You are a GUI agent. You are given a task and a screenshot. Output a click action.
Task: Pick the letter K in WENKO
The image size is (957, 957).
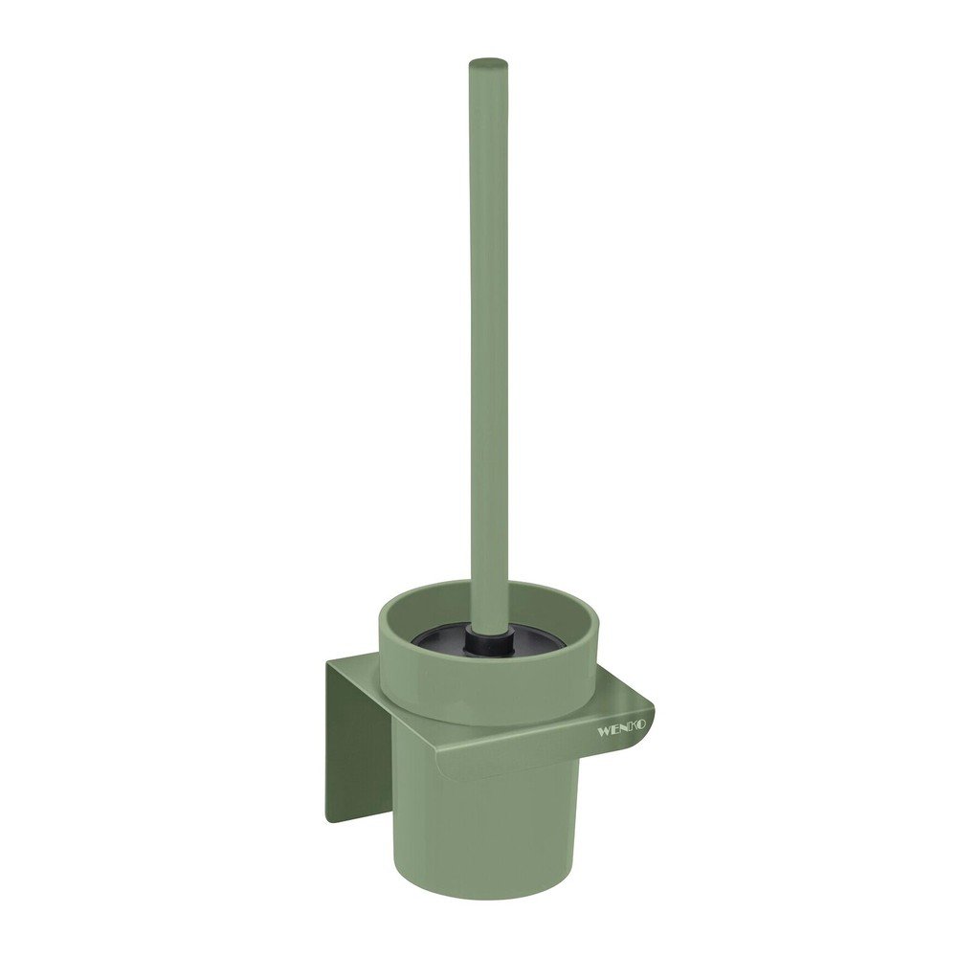[633, 728]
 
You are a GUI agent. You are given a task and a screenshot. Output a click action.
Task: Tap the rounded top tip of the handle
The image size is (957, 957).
[487, 62]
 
